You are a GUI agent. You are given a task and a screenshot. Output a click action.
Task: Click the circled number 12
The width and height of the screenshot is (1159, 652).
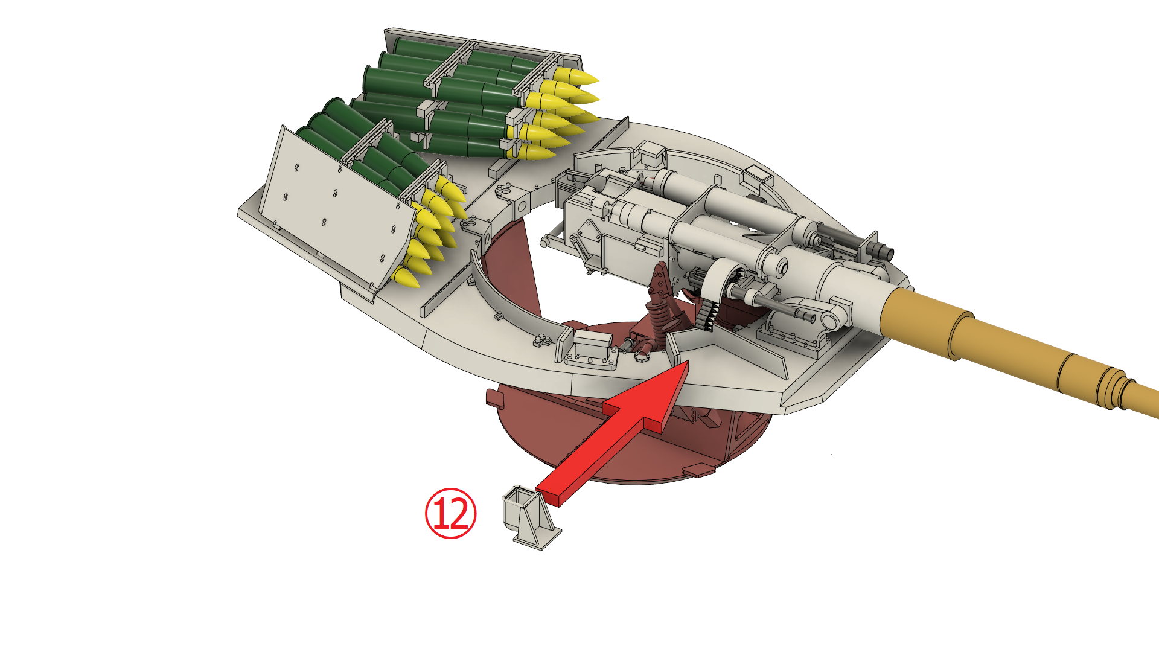click(x=450, y=513)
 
